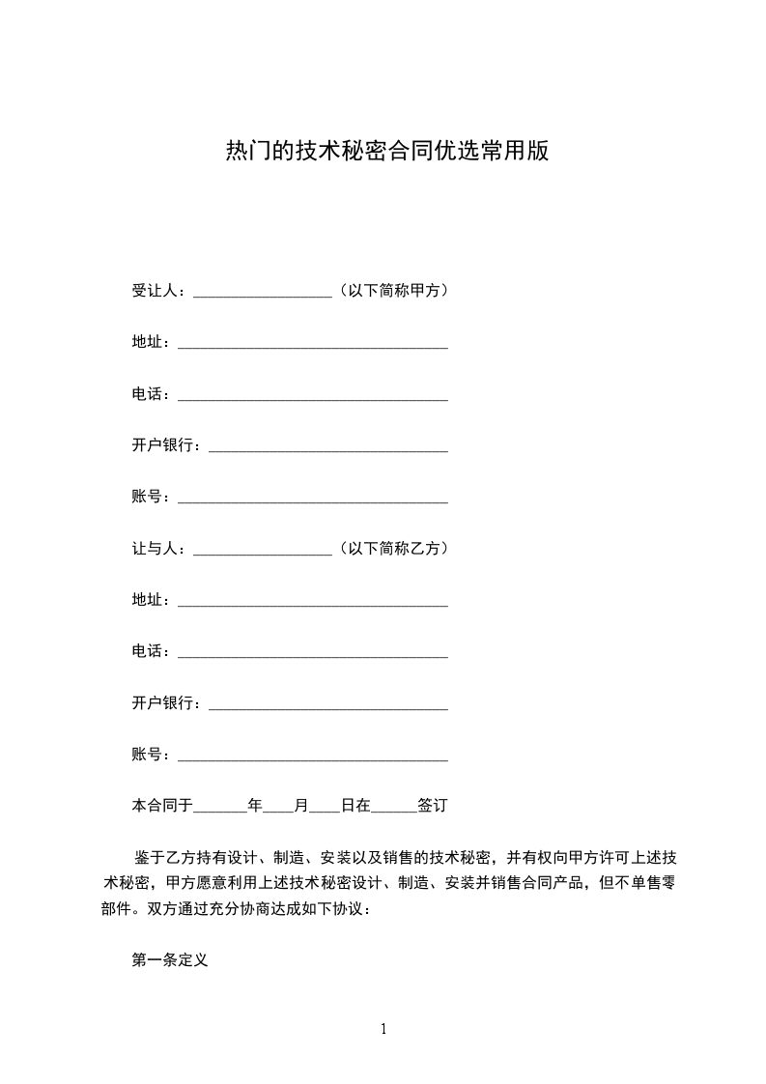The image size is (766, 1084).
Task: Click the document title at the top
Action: pyautogui.click(x=386, y=152)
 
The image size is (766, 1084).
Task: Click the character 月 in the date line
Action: pyautogui.click(x=301, y=804)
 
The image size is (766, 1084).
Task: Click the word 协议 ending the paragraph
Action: pyautogui.click(x=347, y=909)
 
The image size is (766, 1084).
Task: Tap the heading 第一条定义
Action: pyautogui.click(x=170, y=961)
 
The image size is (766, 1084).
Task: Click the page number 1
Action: pyautogui.click(x=383, y=1029)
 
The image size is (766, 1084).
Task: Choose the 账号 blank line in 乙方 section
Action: pyautogui.click(x=313, y=757)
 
